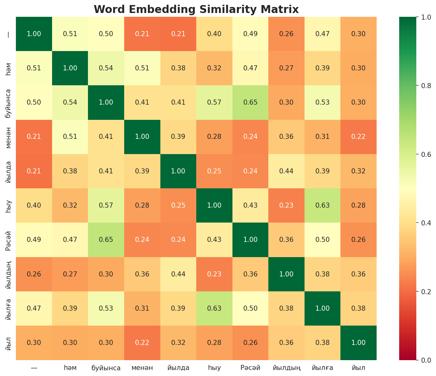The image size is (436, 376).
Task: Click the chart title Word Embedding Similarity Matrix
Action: pyautogui.click(x=196, y=10)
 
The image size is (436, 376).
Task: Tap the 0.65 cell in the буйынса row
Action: pyautogui.click(x=250, y=102)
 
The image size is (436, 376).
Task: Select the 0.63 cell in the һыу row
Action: pyautogui.click(x=322, y=205)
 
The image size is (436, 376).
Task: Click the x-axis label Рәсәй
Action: pyautogui.click(x=250, y=368)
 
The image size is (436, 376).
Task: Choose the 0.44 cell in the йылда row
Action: pyautogui.click(x=286, y=171)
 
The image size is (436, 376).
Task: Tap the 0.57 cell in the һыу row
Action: pyautogui.click(x=106, y=205)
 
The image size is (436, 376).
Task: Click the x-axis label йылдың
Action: pyautogui.click(x=286, y=368)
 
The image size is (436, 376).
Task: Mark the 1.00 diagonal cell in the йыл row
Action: pyautogui.click(x=359, y=343)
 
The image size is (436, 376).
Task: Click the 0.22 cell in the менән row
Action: pyautogui.click(x=359, y=137)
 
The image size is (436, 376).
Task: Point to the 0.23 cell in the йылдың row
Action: pyautogui.click(x=214, y=274)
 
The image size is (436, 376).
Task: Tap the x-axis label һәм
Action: pyautogui.click(x=70, y=368)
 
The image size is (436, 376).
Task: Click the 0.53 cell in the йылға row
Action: pyautogui.click(x=106, y=308)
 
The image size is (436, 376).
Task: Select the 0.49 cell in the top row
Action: pyautogui.click(x=250, y=34)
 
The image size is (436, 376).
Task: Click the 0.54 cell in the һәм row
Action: pyautogui.click(x=106, y=68)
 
